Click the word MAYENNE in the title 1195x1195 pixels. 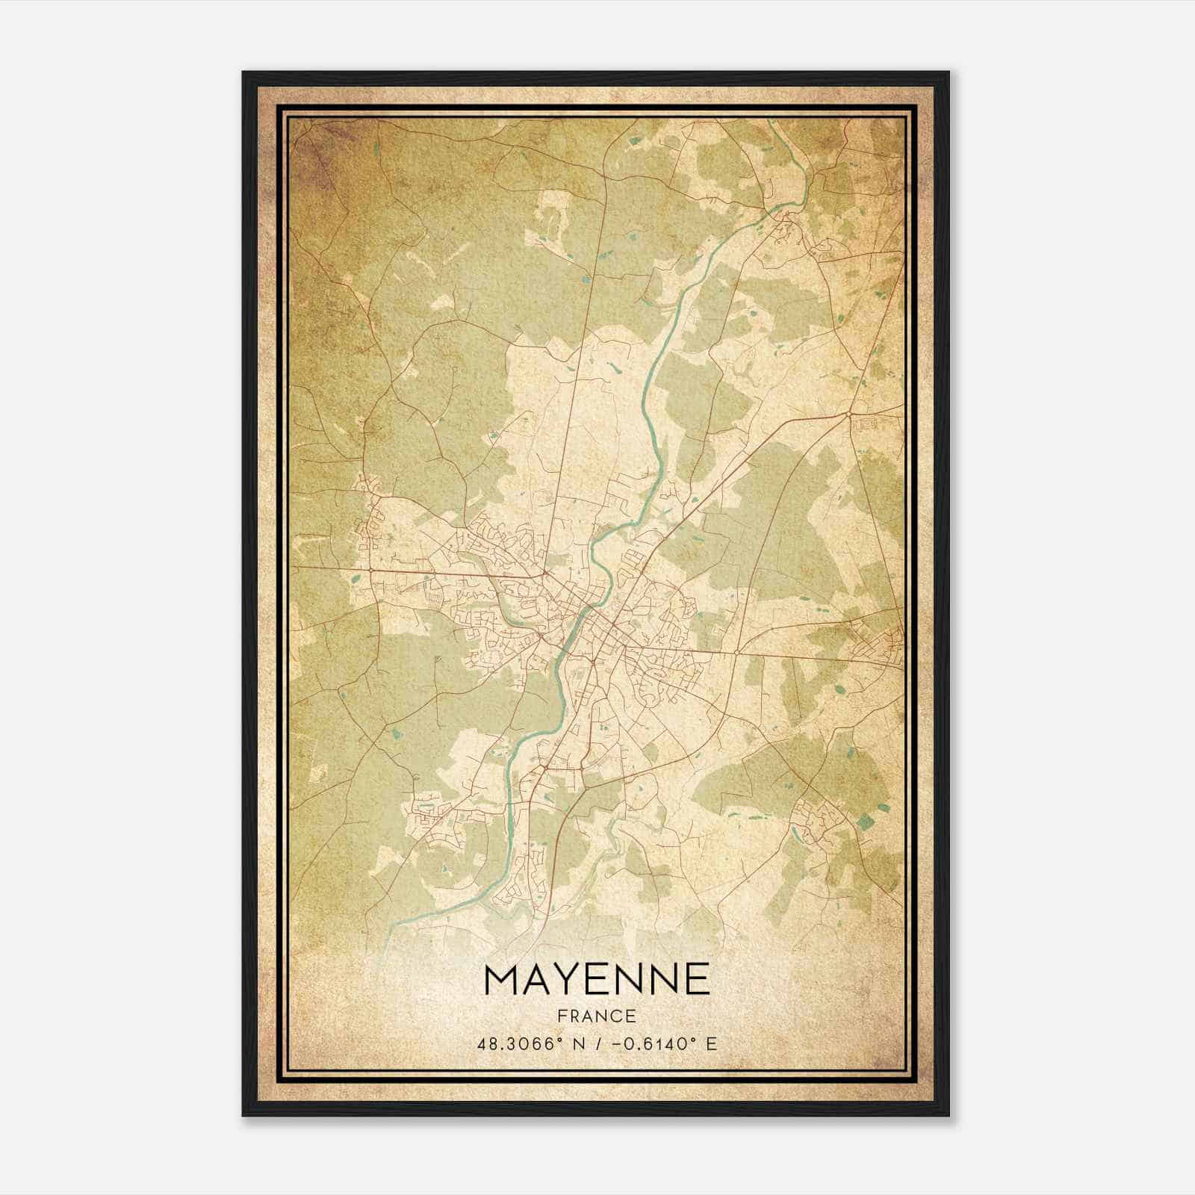[597, 979]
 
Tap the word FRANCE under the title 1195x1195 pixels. [596, 1016]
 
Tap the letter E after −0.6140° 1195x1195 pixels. [711, 1043]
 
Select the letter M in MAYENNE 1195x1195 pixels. [497, 979]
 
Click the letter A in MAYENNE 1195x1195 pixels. [528, 979]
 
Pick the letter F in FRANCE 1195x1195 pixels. [562, 1016]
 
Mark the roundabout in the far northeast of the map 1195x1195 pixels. [850, 413]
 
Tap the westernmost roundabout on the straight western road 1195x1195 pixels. [371, 571]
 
